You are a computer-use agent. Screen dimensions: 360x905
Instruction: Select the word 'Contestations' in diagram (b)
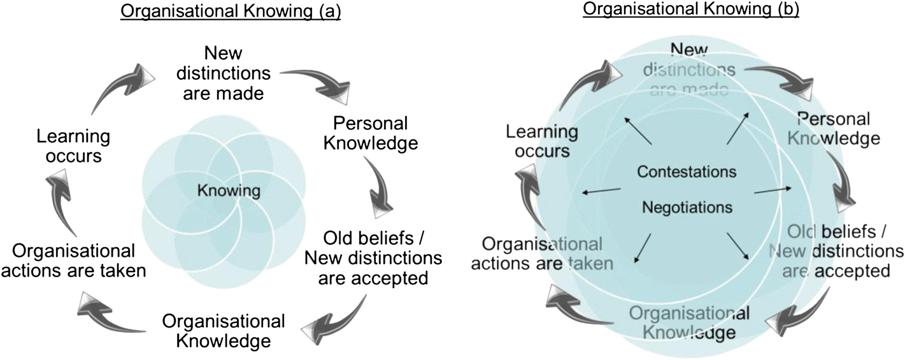tap(687, 172)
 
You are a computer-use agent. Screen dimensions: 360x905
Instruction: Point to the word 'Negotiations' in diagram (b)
tap(687, 207)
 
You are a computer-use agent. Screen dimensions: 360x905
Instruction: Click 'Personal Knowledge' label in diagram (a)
tap(371, 133)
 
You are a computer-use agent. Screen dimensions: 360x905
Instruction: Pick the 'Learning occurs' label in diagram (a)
tap(73, 146)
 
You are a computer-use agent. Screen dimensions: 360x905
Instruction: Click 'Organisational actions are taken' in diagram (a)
tap(80, 260)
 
